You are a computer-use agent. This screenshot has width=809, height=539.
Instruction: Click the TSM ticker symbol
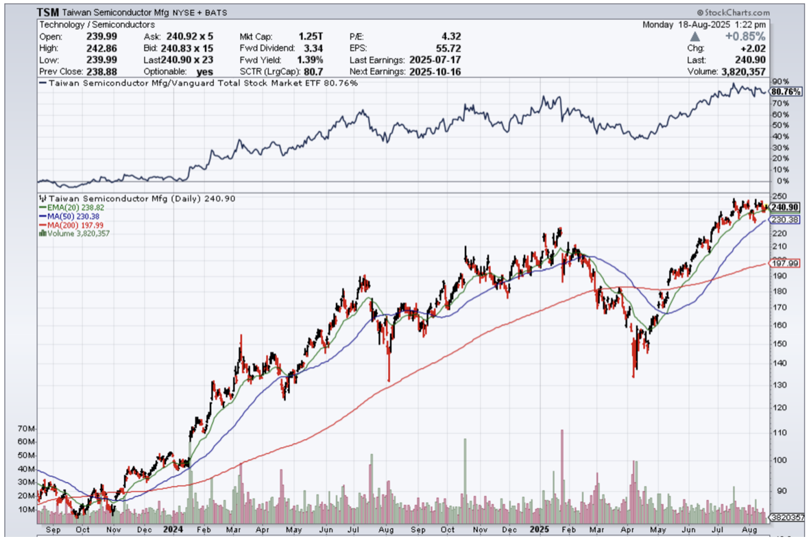(x=49, y=12)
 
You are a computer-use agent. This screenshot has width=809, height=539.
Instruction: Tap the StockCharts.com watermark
(x=733, y=12)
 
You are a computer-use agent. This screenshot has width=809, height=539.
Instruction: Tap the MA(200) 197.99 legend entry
(x=76, y=224)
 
